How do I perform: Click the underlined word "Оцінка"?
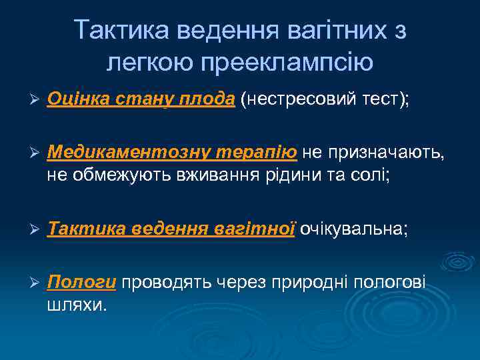click(x=75, y=100)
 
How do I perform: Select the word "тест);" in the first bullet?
click(x=386, y=100)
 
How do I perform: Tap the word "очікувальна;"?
click(x=353, y=229)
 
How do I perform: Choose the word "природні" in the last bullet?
click(x=313, y=283)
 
